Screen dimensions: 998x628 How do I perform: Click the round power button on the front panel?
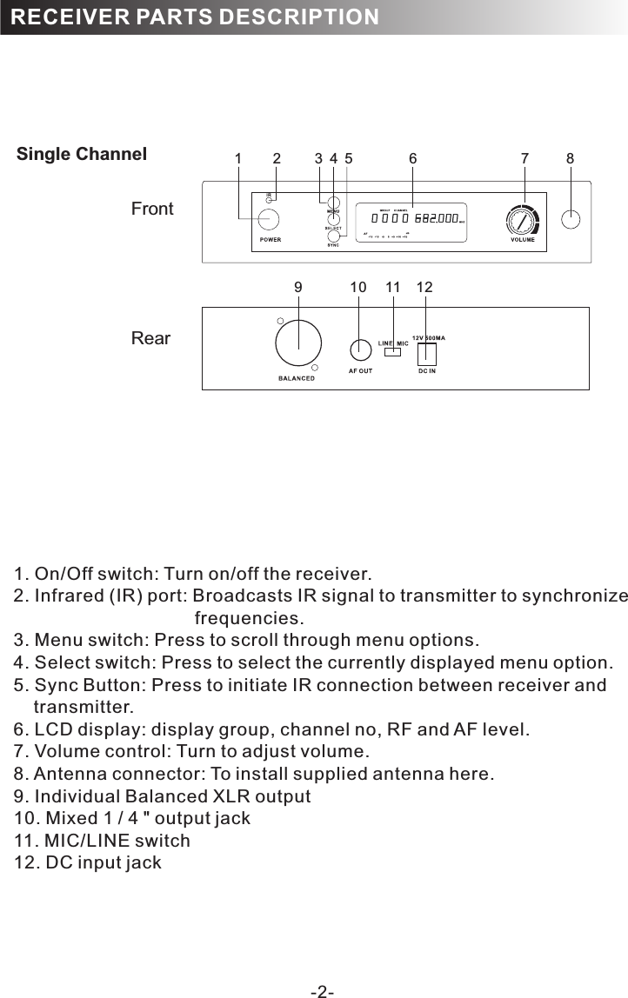coord(269,218)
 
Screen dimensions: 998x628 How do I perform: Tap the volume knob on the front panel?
coord(522,220)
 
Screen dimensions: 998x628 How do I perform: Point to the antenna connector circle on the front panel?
coord(571,219)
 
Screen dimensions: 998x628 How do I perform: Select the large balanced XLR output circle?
coord(298,344)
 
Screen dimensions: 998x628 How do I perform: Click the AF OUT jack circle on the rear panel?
coord(360,349)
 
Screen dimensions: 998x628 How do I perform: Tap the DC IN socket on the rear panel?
coord(427,354)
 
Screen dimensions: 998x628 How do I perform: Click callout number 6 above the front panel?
coord(413,159)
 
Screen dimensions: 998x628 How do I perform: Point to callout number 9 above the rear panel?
coord(298,287)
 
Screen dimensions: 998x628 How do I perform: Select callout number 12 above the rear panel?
coord(424,287)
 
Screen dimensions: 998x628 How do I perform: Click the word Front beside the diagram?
coord(152,209)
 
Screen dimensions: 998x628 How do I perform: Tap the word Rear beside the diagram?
coord(150,338)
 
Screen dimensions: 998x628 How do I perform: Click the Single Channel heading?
coord(82,155)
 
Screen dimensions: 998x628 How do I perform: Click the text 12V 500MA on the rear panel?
coord(428,337)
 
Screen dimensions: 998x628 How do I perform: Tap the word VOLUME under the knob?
coord(522,240)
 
